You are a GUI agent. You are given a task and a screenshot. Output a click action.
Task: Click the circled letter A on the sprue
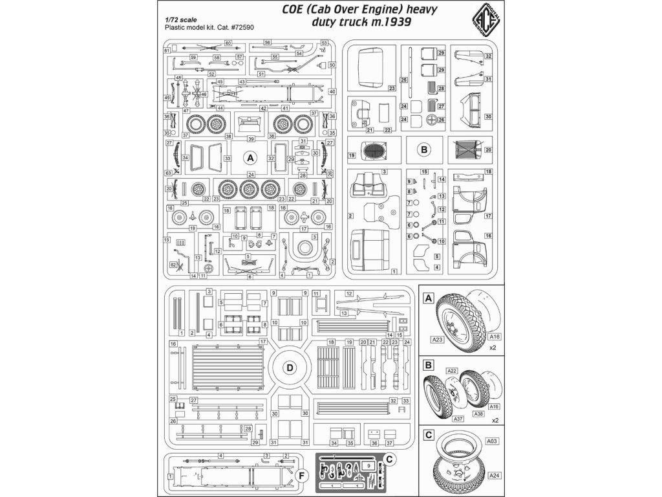(x=250, y=157)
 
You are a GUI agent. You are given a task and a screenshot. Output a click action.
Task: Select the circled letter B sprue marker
(x=424, y=149)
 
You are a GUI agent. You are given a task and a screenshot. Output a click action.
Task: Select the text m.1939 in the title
(x=388, y=24)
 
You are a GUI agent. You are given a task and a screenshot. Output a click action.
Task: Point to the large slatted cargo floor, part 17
(x=226, y=366)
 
